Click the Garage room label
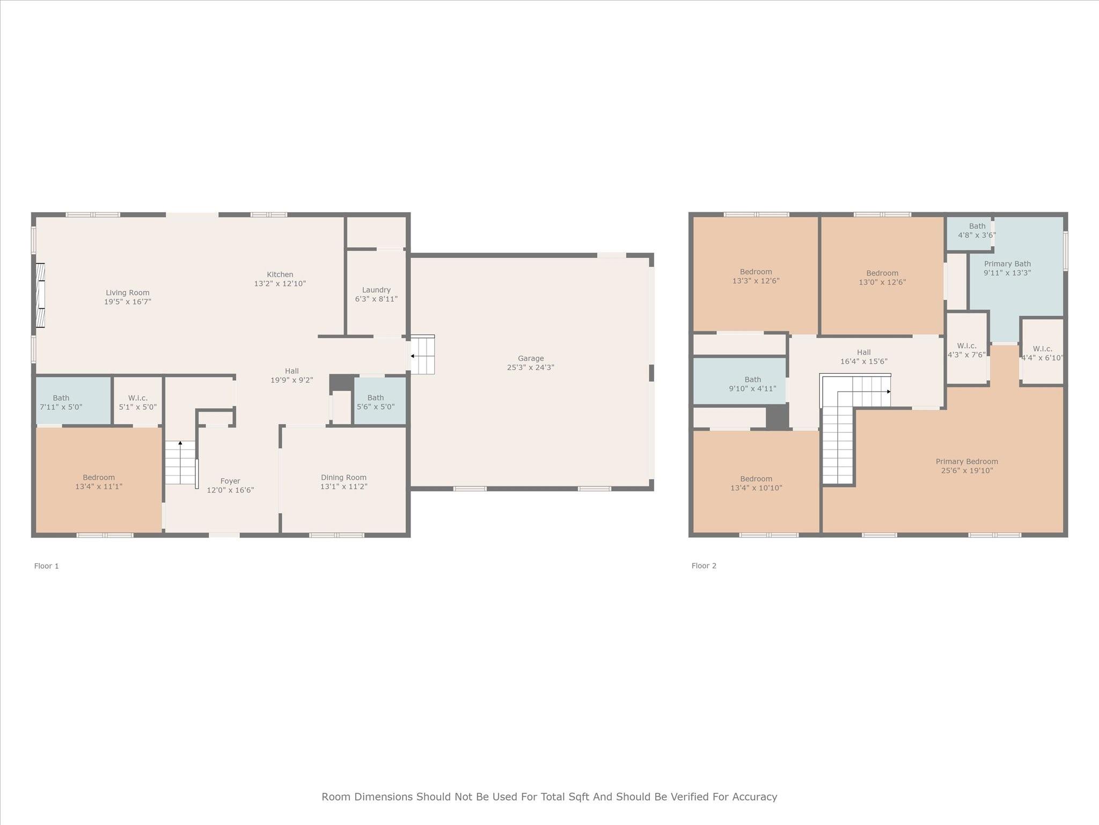[x=531, y=358]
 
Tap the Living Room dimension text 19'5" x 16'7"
[x=128, y=302]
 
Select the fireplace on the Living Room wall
[x=40, y=295]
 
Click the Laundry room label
[x=376, y=290]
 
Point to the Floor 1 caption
[x=47, y=566]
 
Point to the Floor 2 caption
[x=704, y=566]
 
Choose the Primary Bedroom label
[x=967, y=461]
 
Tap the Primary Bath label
[x=1007, y=264]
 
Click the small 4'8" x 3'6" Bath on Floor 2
[x=969, y=233]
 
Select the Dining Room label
[x=344, y=477]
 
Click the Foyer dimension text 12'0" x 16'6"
[x=230, y=490]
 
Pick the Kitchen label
[x=280, y=274]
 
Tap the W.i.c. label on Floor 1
[x=138, y=398]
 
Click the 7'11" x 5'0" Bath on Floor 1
[x=74, y=401]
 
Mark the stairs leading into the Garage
[x=423, y=354]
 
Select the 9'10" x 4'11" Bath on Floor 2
[x=739, y=381]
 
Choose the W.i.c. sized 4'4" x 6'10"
[x=1042, y=351]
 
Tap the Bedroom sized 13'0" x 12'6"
[x=882, y=276]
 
